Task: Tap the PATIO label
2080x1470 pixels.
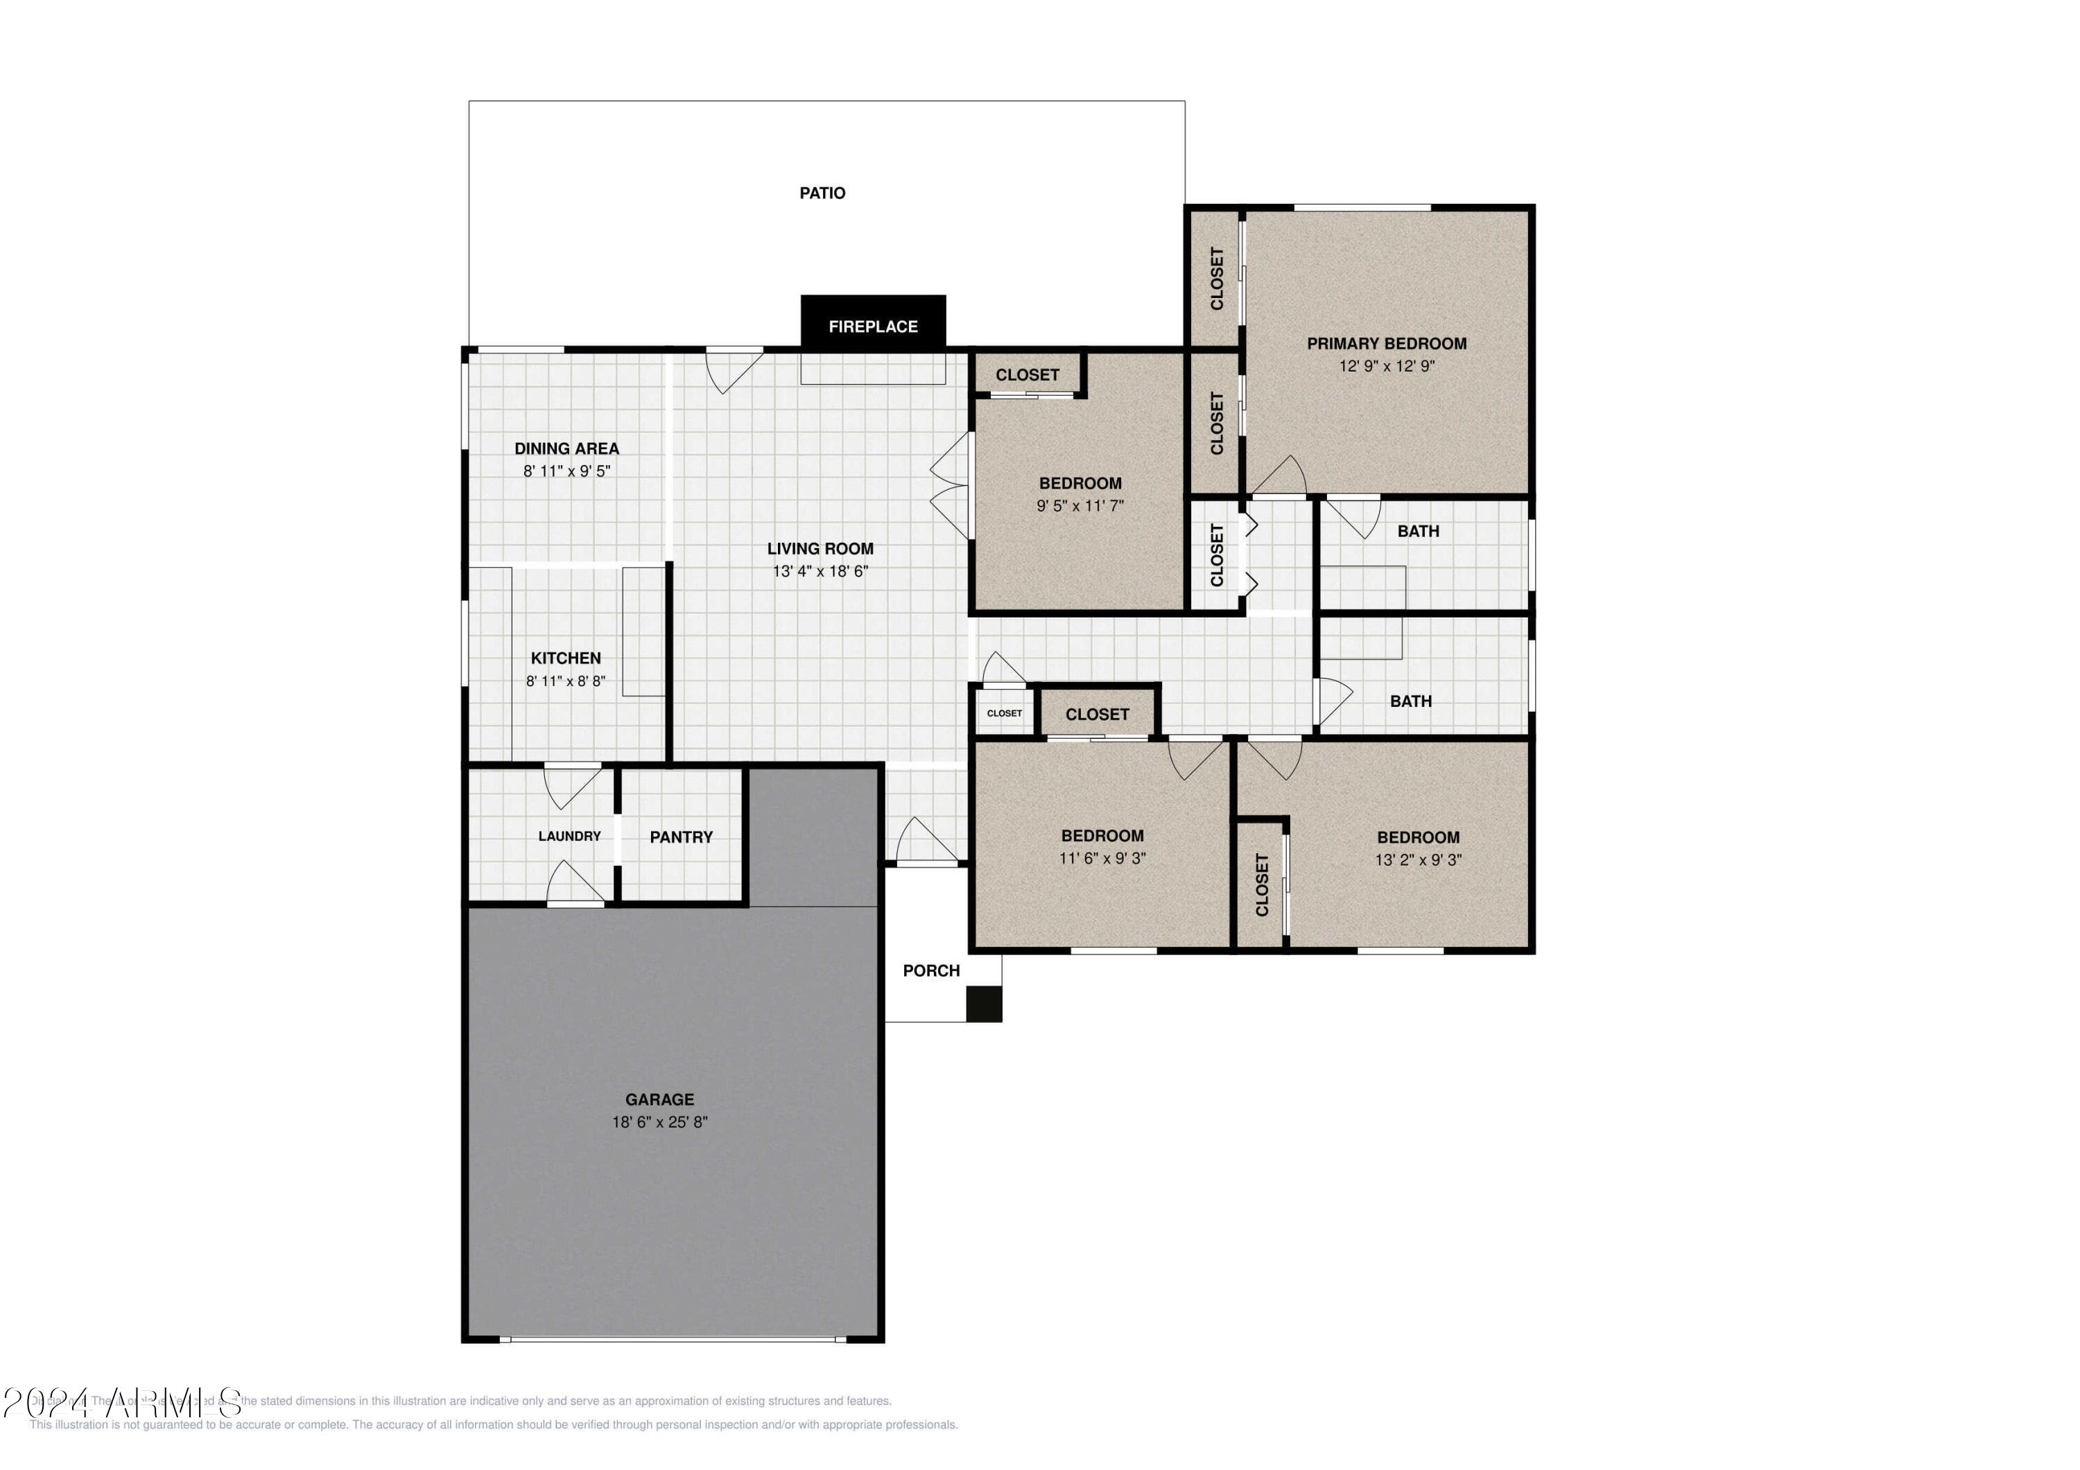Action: coord(822,193)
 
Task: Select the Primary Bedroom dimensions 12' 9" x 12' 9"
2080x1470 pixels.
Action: coord(1386,366)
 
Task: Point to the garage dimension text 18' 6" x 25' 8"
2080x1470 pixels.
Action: coord(659,1121)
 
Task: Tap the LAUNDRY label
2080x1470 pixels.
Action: coord(569,836)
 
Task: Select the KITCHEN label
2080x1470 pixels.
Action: coord(565,658)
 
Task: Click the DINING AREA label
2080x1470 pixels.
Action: coord(566,448)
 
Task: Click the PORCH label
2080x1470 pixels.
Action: coord(930,970)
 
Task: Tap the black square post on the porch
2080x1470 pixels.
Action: coord(983,1004)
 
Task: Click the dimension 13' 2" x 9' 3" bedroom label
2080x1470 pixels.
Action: coord(1418,859)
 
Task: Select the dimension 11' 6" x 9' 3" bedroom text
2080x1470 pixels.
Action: coord(1102,858)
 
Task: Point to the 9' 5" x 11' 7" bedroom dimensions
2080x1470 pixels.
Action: coord(1080,505)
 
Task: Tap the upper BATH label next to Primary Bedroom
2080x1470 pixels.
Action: coord(1418,532)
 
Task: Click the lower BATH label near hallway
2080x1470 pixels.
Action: coord(1410,701)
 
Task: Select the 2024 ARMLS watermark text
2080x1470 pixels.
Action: coord(122,1401)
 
